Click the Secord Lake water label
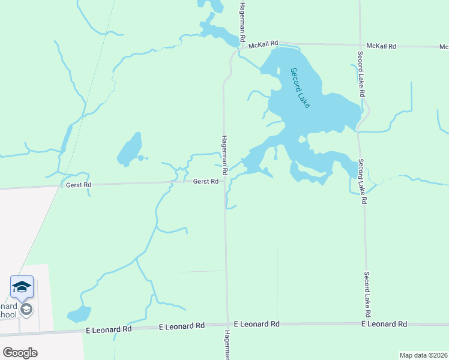click(300, 88)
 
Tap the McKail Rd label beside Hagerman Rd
click(265, 43)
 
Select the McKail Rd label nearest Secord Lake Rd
click(381, 46)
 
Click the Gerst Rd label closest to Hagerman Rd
click(205, 182)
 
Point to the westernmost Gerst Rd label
click(79, 185)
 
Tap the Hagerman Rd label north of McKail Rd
click(243, 21)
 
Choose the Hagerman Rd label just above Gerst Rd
click(224, 155)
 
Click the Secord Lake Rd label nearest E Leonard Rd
click(367, 295)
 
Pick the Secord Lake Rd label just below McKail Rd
click(361, 75)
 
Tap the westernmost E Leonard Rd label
click(109, 329)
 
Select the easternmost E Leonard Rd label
click(384, 324)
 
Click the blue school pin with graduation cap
click(22, 287)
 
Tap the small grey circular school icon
click(26, 310)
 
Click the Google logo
click(20, 353)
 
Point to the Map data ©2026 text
click(423, 355)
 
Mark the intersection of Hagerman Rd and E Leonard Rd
click(228, 325)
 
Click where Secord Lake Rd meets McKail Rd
click(359, 45)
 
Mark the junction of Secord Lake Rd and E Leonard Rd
click(367, 324)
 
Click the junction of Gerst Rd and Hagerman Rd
click(224, 182)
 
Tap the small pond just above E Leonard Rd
click(79, 314)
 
